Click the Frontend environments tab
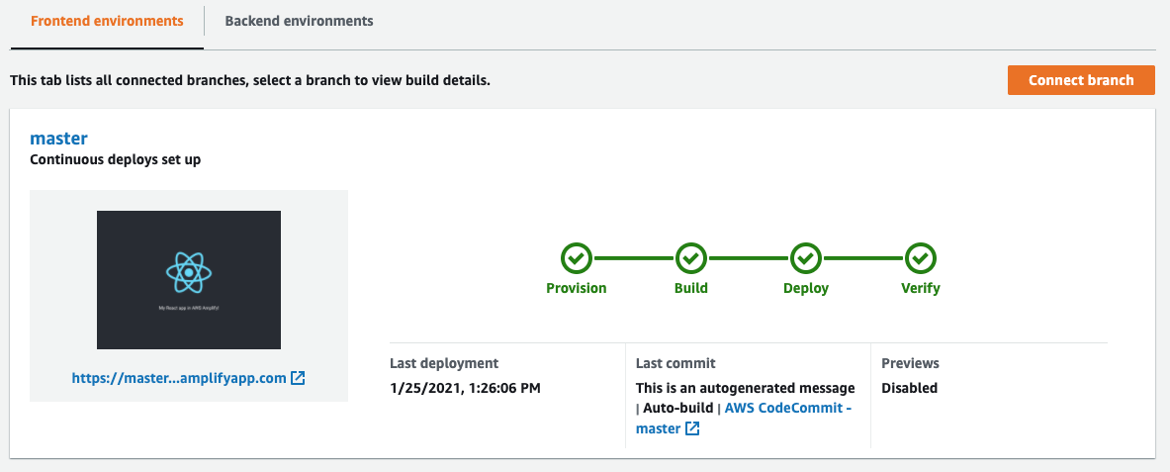[x=107, y=21]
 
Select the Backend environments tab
[x=299, y=21]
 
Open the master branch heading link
[x=59, y=139]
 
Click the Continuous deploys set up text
[x=116, y=158]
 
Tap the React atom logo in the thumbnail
[x=188, y=272]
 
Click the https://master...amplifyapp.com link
[x=178, y=378]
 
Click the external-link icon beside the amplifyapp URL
[x=298, y=378]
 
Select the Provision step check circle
[x=577, y=258]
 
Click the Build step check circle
[x=691, y=258]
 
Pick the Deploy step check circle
[x=806, y=258]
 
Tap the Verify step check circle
[x=921, y=258]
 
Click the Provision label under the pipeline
[x=577, y=289]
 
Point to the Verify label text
[x=921, y=289]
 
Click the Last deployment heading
[x=444, y=363]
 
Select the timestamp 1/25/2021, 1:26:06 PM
[x=465, y=388]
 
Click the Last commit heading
[x=675, y=363]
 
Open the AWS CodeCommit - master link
[x=788, y=408]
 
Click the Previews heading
[x=910, y=363]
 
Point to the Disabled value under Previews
[x=909, y=388]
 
